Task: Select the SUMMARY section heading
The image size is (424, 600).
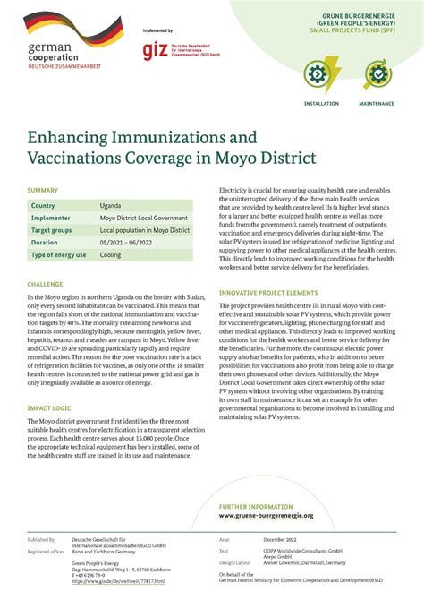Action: [43, 190]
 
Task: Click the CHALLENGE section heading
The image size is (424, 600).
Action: [45, 283]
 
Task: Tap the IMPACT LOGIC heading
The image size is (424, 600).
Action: [50, 407]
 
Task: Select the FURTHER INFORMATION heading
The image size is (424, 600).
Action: [259, 507]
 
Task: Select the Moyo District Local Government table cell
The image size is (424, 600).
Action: [144, 218]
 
